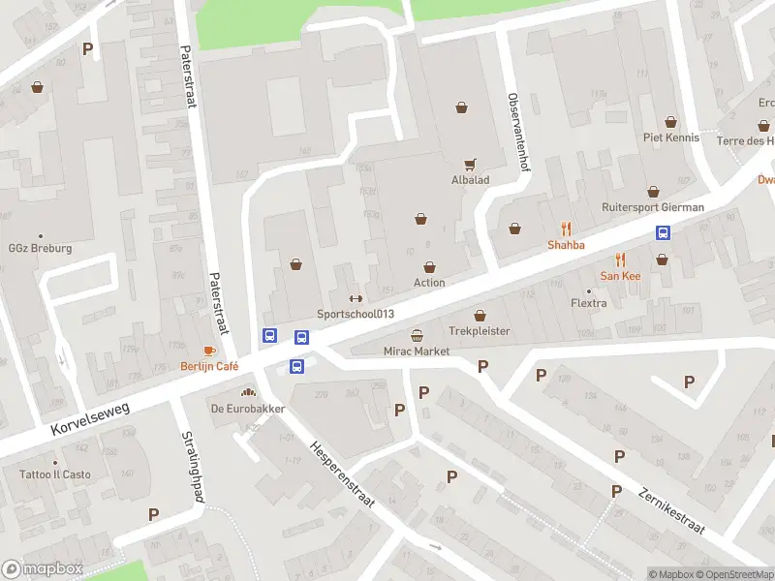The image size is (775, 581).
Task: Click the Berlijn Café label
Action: coord(209,366)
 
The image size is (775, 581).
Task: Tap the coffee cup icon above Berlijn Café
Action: coord(209,351)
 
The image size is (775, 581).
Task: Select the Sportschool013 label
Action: coord(356,314)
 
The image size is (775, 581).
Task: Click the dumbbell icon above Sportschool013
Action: coord(356,298)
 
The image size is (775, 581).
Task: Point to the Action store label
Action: coord(429,283)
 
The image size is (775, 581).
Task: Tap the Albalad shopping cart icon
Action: coord(471,165)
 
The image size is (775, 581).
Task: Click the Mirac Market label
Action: coord(417,352)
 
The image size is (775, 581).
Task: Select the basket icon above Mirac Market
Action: coord(417,335)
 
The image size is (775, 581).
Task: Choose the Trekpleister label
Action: coord(479,331)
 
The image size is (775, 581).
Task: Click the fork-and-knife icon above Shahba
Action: coord(567,229)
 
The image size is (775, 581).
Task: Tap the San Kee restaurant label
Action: coord(621,276)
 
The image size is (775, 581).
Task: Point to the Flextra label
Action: coord(588,303)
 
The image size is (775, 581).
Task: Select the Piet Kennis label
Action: coord(671,138)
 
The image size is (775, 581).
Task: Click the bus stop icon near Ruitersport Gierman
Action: coord(664,232)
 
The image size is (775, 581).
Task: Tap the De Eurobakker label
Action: coord(248,409)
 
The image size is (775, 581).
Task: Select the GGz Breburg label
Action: coord(41,249)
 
